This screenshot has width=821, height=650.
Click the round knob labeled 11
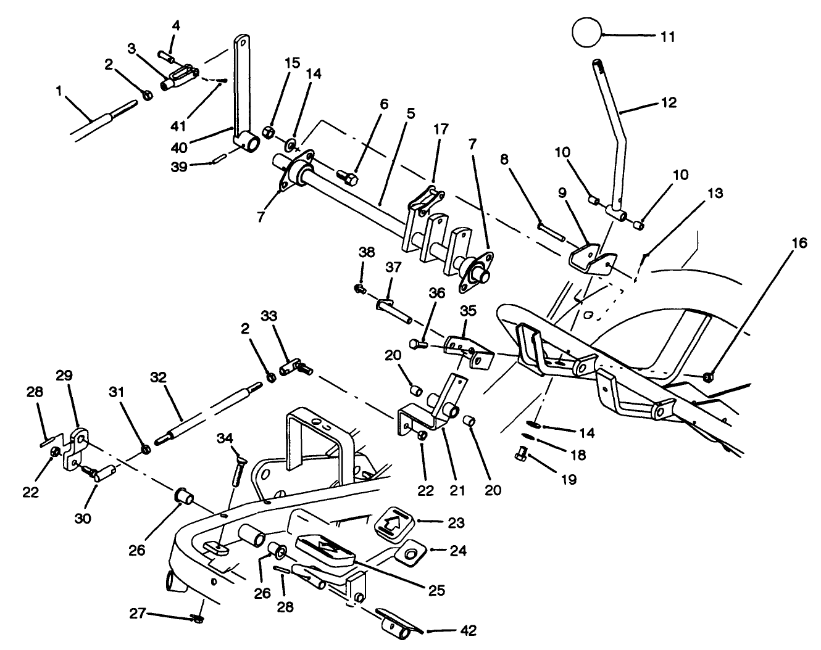point(587,33)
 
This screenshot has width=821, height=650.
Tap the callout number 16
point(799,244)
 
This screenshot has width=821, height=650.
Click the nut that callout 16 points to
point(709,376)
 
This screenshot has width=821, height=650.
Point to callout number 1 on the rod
point(59,91)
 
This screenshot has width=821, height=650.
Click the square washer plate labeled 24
point(409,552)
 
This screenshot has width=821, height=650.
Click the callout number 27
point(138,614)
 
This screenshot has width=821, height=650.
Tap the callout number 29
point(65,375)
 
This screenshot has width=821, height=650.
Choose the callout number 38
point(367,252)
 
